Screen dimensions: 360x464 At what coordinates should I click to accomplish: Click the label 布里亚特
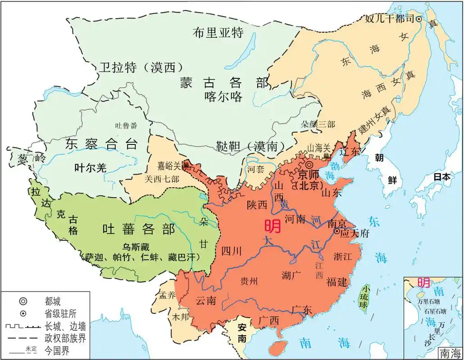218,33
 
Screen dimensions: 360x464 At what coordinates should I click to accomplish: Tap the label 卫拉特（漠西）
141,67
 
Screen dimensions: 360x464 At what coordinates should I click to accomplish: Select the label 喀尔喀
223,97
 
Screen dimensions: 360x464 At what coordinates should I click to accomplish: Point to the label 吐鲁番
126,126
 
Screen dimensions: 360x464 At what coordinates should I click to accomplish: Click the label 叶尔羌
90,168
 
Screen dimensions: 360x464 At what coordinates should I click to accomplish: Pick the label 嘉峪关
169,165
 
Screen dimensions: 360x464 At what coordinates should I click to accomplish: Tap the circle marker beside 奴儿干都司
419,19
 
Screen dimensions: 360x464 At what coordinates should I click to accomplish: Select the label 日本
441,177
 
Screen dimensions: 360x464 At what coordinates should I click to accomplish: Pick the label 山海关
317,147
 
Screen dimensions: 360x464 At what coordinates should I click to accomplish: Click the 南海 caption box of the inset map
450,353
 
